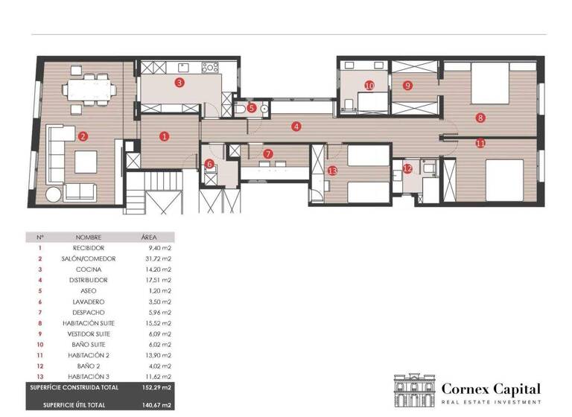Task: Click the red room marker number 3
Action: (179, 83)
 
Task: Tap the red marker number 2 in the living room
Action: (83, 136)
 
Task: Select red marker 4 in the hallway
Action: (296, 127)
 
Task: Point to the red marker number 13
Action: (332, 171)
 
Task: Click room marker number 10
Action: (369, 86)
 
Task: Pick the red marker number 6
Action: (209, 164)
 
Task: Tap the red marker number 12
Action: (407, 169)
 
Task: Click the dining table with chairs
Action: (89, 89)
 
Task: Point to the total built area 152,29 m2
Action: (156, 388)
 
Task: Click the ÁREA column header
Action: (149, 237)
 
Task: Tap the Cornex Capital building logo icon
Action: (414, 390)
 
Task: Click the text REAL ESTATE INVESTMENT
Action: (492, 402)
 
